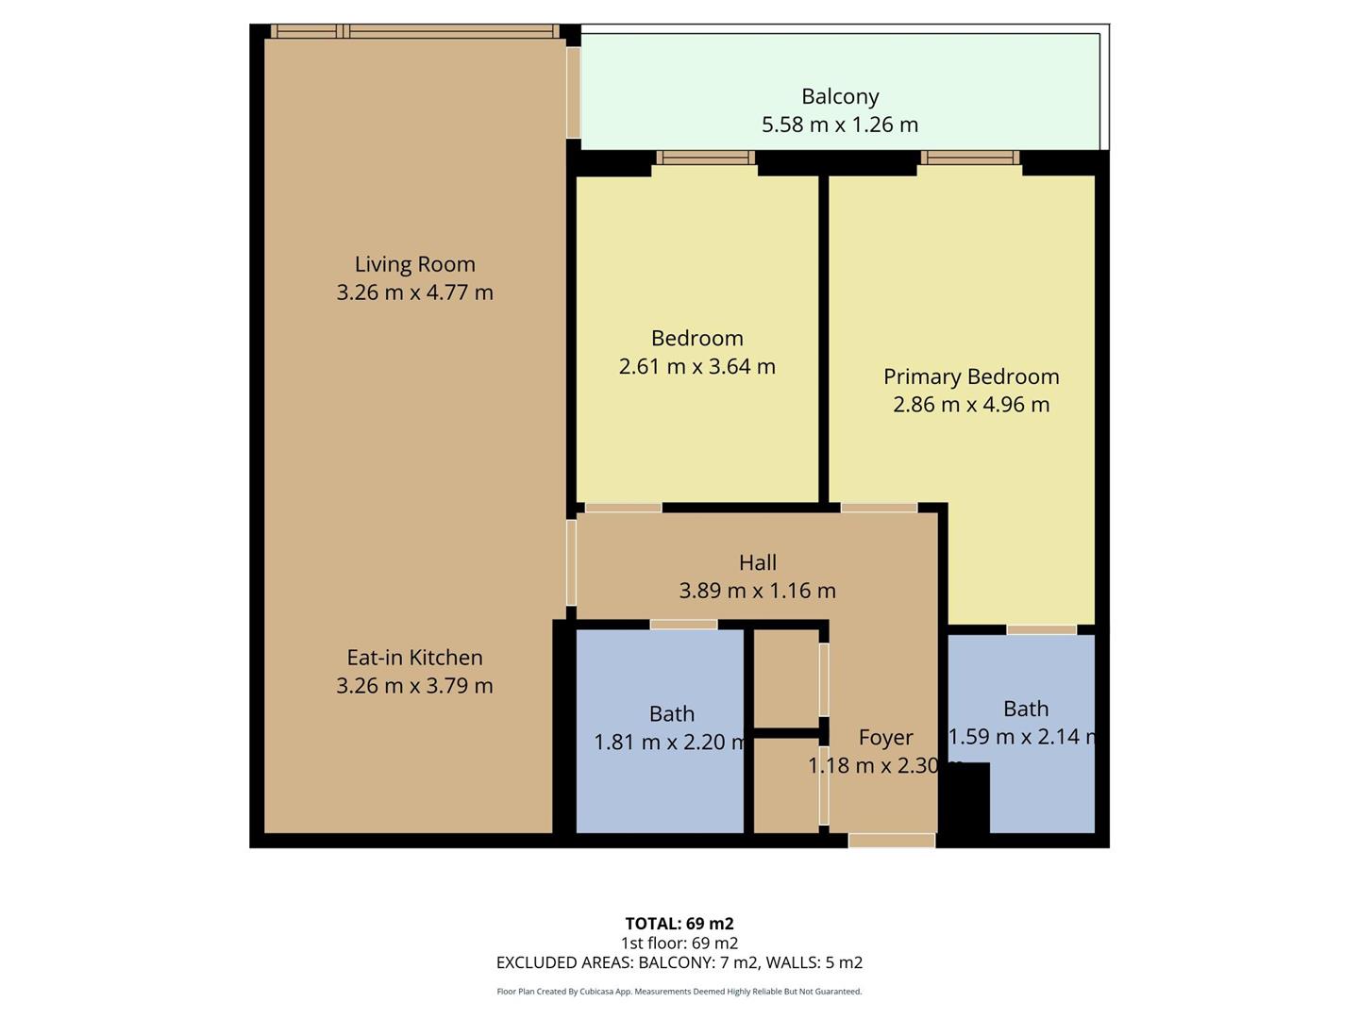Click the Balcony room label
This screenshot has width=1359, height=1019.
[x=840, y=96]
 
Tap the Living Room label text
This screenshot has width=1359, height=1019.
[x=414, y=264]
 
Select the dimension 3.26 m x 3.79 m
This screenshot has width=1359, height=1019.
[x=414, y=686]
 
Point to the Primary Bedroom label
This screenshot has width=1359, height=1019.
[x=971, y=376]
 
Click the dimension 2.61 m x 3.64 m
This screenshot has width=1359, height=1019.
[x=696, y=366]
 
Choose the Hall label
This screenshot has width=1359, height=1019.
[x=758, y=562]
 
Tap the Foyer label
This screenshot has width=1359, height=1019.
[x=885, y=737]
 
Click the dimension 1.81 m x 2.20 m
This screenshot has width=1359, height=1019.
[x=671, y=743]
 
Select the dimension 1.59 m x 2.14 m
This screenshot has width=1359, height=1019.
[x=1025, y=737]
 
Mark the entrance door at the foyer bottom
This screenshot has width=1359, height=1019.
[x=891, y=841]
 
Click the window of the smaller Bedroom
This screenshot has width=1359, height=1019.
[x=705, y=158]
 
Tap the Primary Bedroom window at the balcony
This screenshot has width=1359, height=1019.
[x=970, y=158]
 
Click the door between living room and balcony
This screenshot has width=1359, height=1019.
[x=573, y=92]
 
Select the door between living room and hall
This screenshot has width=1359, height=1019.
[x=571, y=562]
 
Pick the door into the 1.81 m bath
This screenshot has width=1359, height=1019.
[x=683, y=625]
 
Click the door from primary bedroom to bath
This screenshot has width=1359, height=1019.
[x=1041, y=629]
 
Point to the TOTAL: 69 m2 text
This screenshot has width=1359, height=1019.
[x=679, y=924]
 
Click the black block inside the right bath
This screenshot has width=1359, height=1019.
[x=967, y=798]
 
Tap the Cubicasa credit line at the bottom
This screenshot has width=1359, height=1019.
[x=679, y=992]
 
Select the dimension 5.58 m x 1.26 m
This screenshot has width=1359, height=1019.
[x=840, y=125]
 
